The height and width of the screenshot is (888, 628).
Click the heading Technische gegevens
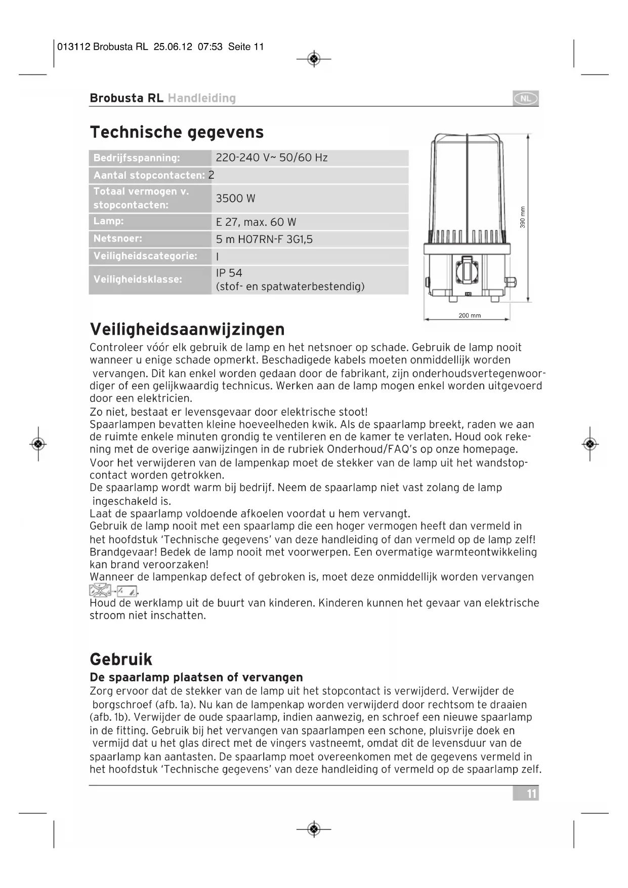coord(177,132)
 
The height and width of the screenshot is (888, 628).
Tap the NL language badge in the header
coord(525,98)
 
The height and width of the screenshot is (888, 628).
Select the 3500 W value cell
coord(235,198)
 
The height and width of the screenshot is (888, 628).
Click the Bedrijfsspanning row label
coord(137,158)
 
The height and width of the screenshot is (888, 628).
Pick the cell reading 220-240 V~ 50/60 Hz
coord(271,158)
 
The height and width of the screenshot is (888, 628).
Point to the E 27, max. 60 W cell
coord(256,222)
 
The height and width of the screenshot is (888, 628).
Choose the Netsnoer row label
coord(118,238)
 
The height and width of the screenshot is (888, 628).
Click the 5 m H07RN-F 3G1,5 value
coord(264,239)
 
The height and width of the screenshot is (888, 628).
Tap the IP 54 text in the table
coord(229,273)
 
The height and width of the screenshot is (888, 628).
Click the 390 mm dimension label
coord(523,217)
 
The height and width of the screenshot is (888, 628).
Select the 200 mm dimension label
coord(469,315)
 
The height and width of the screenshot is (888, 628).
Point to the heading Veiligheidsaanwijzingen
coord(187,330)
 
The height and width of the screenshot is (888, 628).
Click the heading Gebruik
coord(121,659)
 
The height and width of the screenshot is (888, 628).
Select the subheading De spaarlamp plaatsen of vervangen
coord(196,677)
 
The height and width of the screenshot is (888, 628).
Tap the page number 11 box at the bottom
coord(527,793)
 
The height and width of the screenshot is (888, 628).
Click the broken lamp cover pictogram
coord(100,590)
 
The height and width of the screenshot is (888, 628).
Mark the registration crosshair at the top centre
coord(314,59)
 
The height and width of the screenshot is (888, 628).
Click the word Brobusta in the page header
coord(116,98)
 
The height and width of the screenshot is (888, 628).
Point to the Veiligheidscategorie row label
coord(145,256)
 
